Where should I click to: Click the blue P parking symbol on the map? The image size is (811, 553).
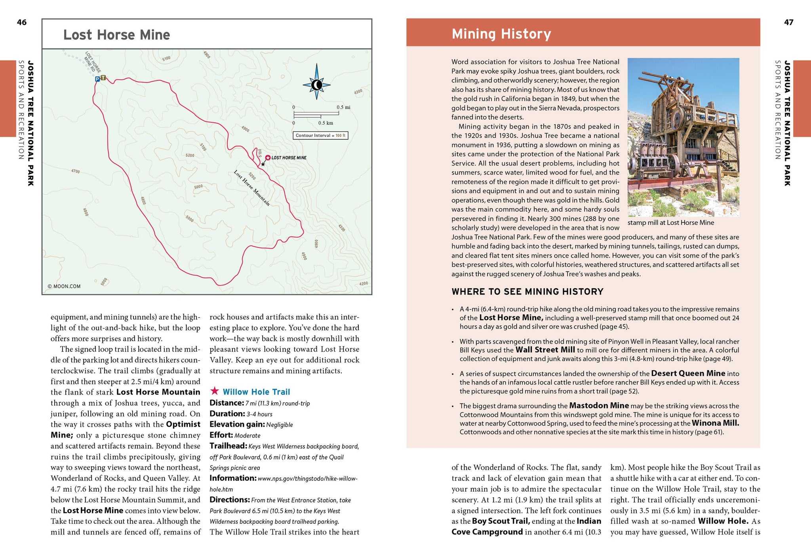pos(97,79)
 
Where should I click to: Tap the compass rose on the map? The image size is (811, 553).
pos(316,85)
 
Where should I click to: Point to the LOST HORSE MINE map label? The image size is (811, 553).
pos(289,158)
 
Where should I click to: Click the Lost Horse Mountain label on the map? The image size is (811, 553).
pos(252,188)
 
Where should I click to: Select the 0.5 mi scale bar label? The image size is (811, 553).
pos(343,107)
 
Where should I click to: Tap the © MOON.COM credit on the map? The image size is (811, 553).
pos(64,286)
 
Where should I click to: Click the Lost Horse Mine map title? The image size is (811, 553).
pos(117,35)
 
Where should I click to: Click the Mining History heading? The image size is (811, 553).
pos(501,34)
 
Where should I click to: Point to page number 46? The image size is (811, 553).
pos(22,23)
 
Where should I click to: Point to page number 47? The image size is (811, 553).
pos(788,23)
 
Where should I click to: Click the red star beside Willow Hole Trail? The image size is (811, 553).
pos(215,391)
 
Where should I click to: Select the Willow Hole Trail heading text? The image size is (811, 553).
pos(256,392)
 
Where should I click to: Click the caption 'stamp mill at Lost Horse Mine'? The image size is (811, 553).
pos(671,222)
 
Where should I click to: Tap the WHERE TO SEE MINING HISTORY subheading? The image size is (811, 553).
pos(527,292)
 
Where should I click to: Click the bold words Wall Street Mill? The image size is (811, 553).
pos(545,350)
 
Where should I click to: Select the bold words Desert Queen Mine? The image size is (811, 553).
pos(688,373)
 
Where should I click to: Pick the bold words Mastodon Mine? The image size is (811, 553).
pos(599,405)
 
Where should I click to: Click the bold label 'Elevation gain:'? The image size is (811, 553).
pos(237,424)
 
